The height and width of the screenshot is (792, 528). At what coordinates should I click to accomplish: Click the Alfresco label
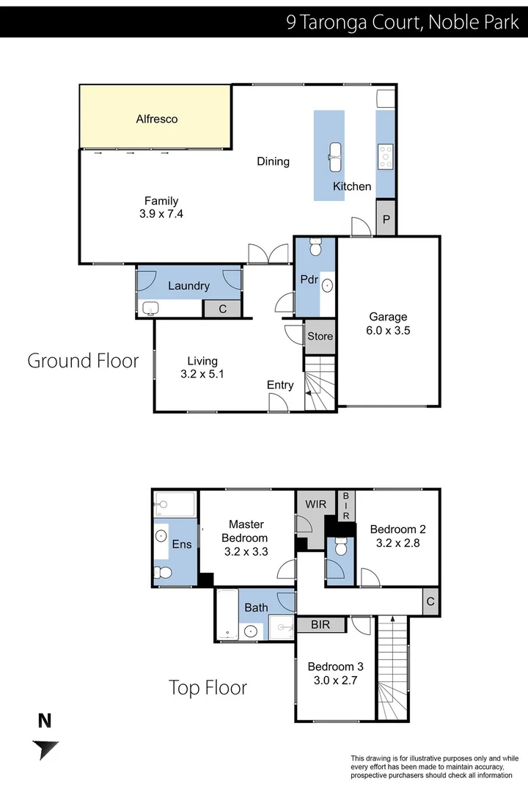click(157, 119)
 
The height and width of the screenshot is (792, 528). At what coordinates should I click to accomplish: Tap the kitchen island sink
click(335, 152)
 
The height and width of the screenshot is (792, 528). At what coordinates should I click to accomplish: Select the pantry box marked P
click(386, 219)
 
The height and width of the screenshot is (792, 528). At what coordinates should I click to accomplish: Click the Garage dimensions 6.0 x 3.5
click(388, 330)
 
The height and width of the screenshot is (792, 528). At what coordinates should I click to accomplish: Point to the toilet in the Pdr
click(315, 249)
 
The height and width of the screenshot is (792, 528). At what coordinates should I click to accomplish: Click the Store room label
click(320, 337)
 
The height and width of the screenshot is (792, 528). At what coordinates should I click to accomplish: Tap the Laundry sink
click(152, 308)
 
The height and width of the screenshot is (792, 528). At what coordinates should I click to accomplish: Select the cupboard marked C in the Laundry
click(222, 309)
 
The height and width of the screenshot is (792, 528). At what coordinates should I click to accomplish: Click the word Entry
click(280, 385)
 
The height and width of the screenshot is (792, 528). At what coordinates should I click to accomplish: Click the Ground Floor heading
click(83, 361)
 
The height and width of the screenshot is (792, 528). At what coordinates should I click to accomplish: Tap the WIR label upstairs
click(315, 505)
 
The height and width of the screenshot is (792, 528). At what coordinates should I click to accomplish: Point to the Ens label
click(181, 545)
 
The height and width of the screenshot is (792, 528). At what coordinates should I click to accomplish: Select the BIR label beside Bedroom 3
click(320, 625)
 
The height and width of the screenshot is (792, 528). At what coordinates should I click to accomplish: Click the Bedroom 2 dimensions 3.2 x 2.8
click(397, 543)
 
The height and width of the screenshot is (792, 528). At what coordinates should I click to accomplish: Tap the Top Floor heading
click(208, 688)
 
